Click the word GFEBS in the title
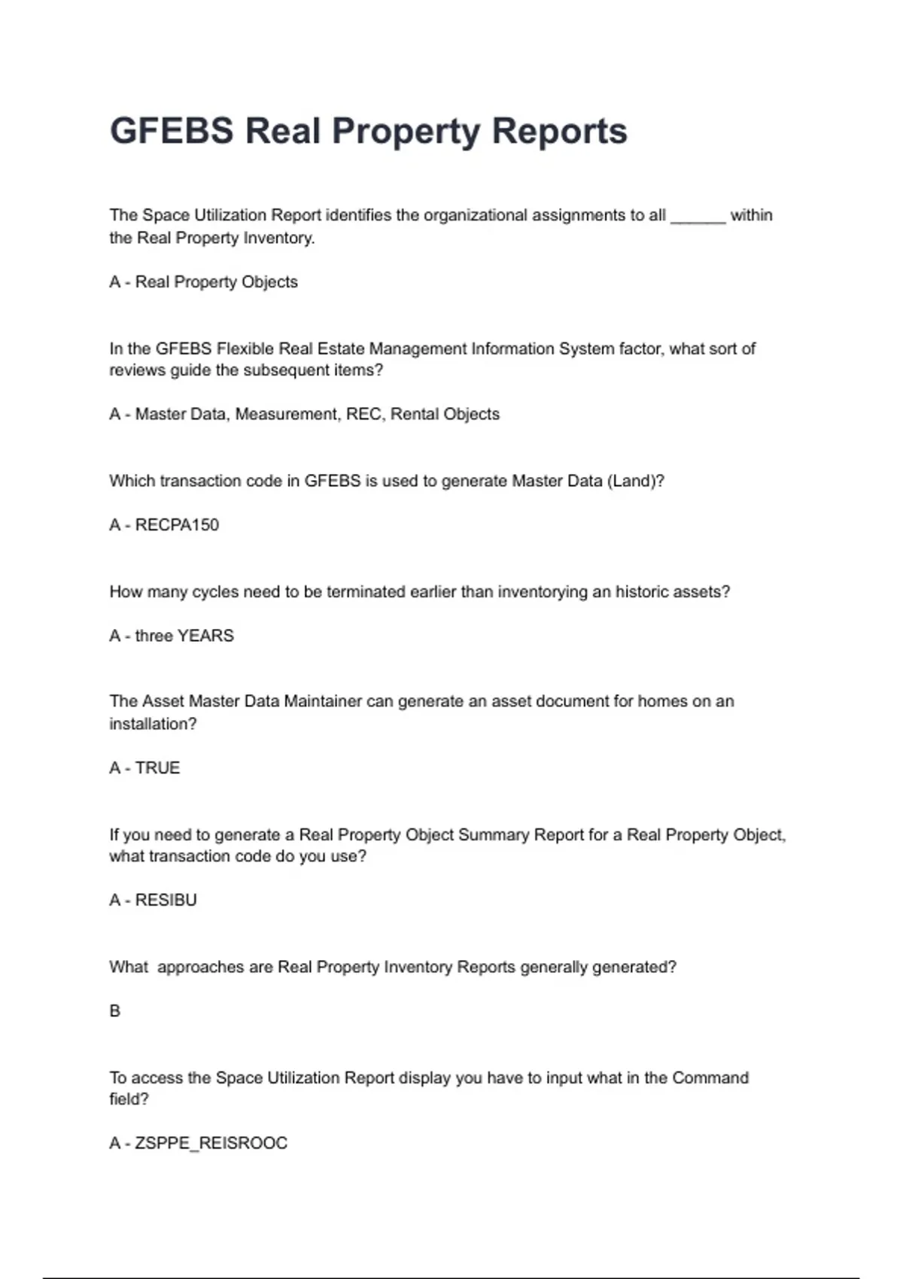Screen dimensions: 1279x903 [172, 131]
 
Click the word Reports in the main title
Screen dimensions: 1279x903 [559, 131]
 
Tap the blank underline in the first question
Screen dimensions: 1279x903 [698, 217]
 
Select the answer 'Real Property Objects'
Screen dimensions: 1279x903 [216, 282]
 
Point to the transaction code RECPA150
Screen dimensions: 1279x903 [177, 525]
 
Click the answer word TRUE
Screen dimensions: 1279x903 [157, 768]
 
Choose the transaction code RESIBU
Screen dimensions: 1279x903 [166, 901]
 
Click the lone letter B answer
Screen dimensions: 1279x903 [115, 1011]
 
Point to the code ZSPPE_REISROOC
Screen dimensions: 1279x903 [211, 1144]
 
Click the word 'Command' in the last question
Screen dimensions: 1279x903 [710, 1078]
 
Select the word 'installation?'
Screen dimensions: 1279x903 [153, 724]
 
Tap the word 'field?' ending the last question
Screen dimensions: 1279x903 [129, 1099]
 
